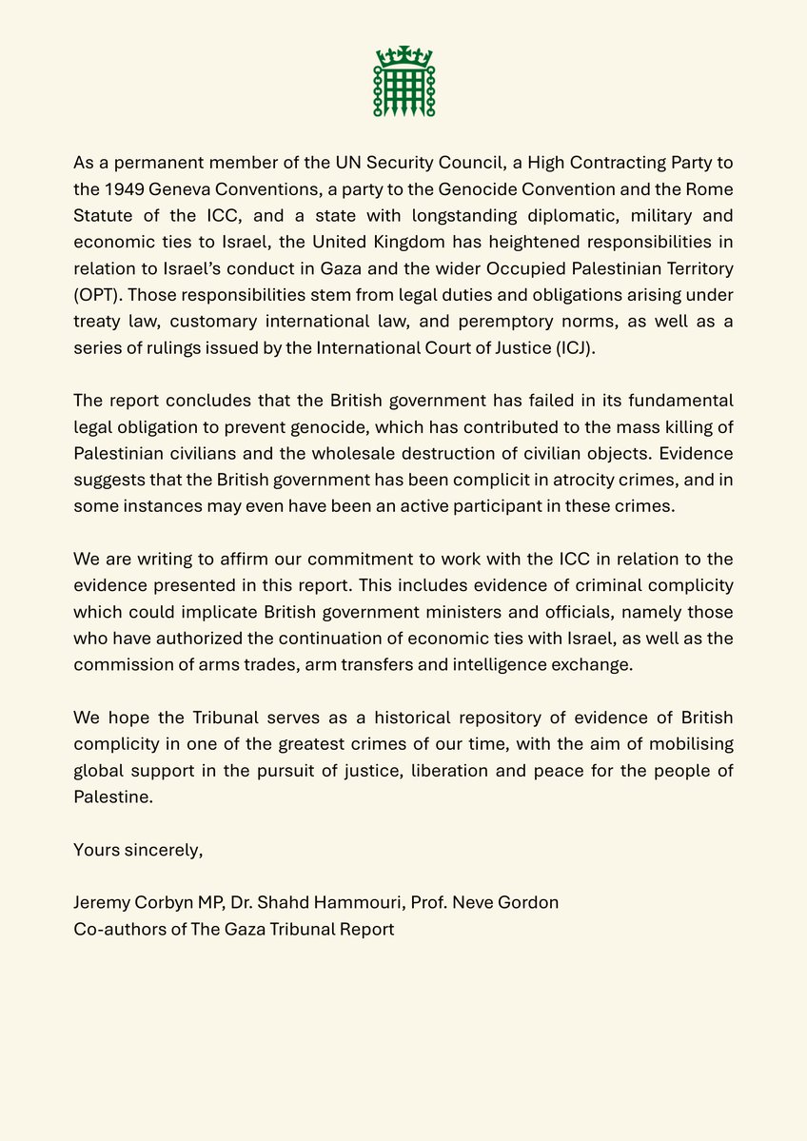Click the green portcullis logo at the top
pyautogui.click(x=403, y=82)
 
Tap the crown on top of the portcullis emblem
pyautogui.click(x=403, y=54)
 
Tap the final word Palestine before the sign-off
pyautogui.click(x=112, y=797)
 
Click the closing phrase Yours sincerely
pyautogui.click(x=138, y=850)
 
